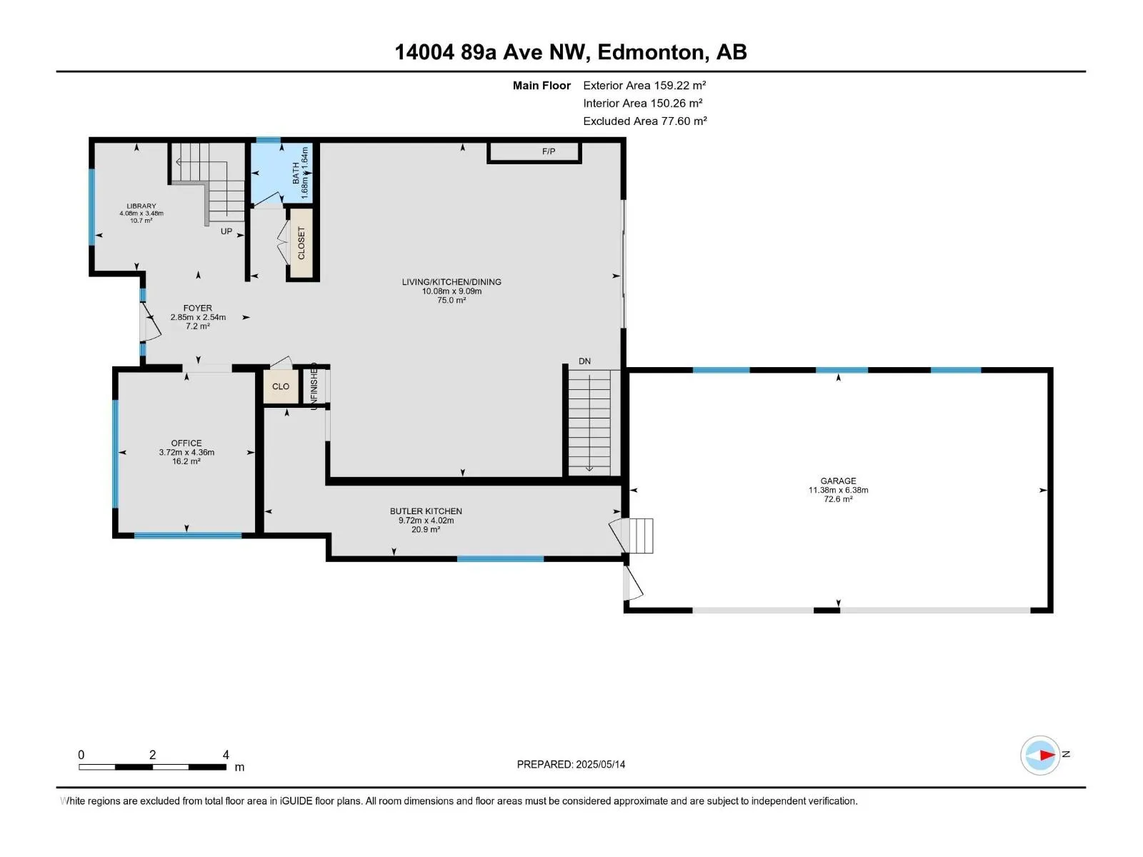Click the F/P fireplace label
point(549,151)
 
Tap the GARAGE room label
point(838,481)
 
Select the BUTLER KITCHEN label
point(426,511)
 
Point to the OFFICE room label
point(186,443)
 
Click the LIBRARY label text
point(141,206)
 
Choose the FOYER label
point(197,308)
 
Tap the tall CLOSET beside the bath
point(301,243)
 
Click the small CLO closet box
point(281,386)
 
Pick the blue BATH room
point(281,173)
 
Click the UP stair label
point(226,231)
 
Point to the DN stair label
point(584,361)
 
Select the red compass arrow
point(1047,755)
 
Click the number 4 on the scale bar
point(226,754)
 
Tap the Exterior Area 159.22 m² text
point(644,85)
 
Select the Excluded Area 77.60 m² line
point(645,121)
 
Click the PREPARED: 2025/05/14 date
point(571,764)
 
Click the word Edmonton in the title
point(651,52)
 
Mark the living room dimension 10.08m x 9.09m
point(451,291)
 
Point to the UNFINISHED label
point(314,386)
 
